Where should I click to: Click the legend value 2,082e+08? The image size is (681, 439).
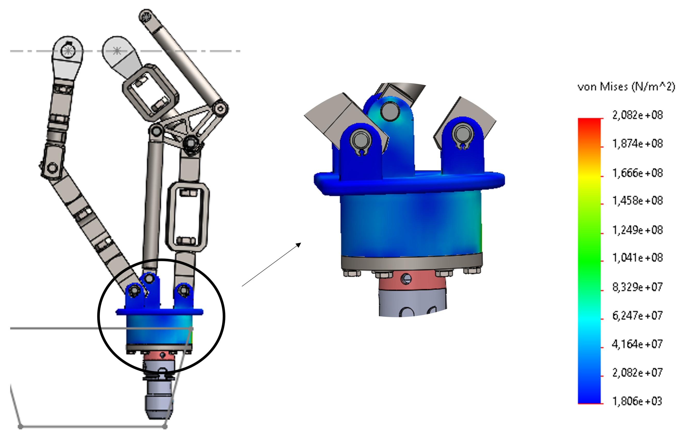coord(637,115)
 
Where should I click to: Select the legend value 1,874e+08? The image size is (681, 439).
coord(637,144)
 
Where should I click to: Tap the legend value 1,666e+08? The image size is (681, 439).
coord(637,173)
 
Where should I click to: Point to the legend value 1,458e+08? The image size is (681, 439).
coord(637,201)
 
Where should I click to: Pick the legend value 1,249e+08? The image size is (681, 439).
coord(637,230)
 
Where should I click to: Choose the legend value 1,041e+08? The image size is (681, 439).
coord(637,258)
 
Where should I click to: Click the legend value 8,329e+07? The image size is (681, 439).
coord(637,287)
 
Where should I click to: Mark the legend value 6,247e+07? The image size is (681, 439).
coord(637,316)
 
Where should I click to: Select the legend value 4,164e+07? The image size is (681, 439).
coord(637,344)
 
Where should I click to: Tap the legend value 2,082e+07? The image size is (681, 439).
coord(637,373)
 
